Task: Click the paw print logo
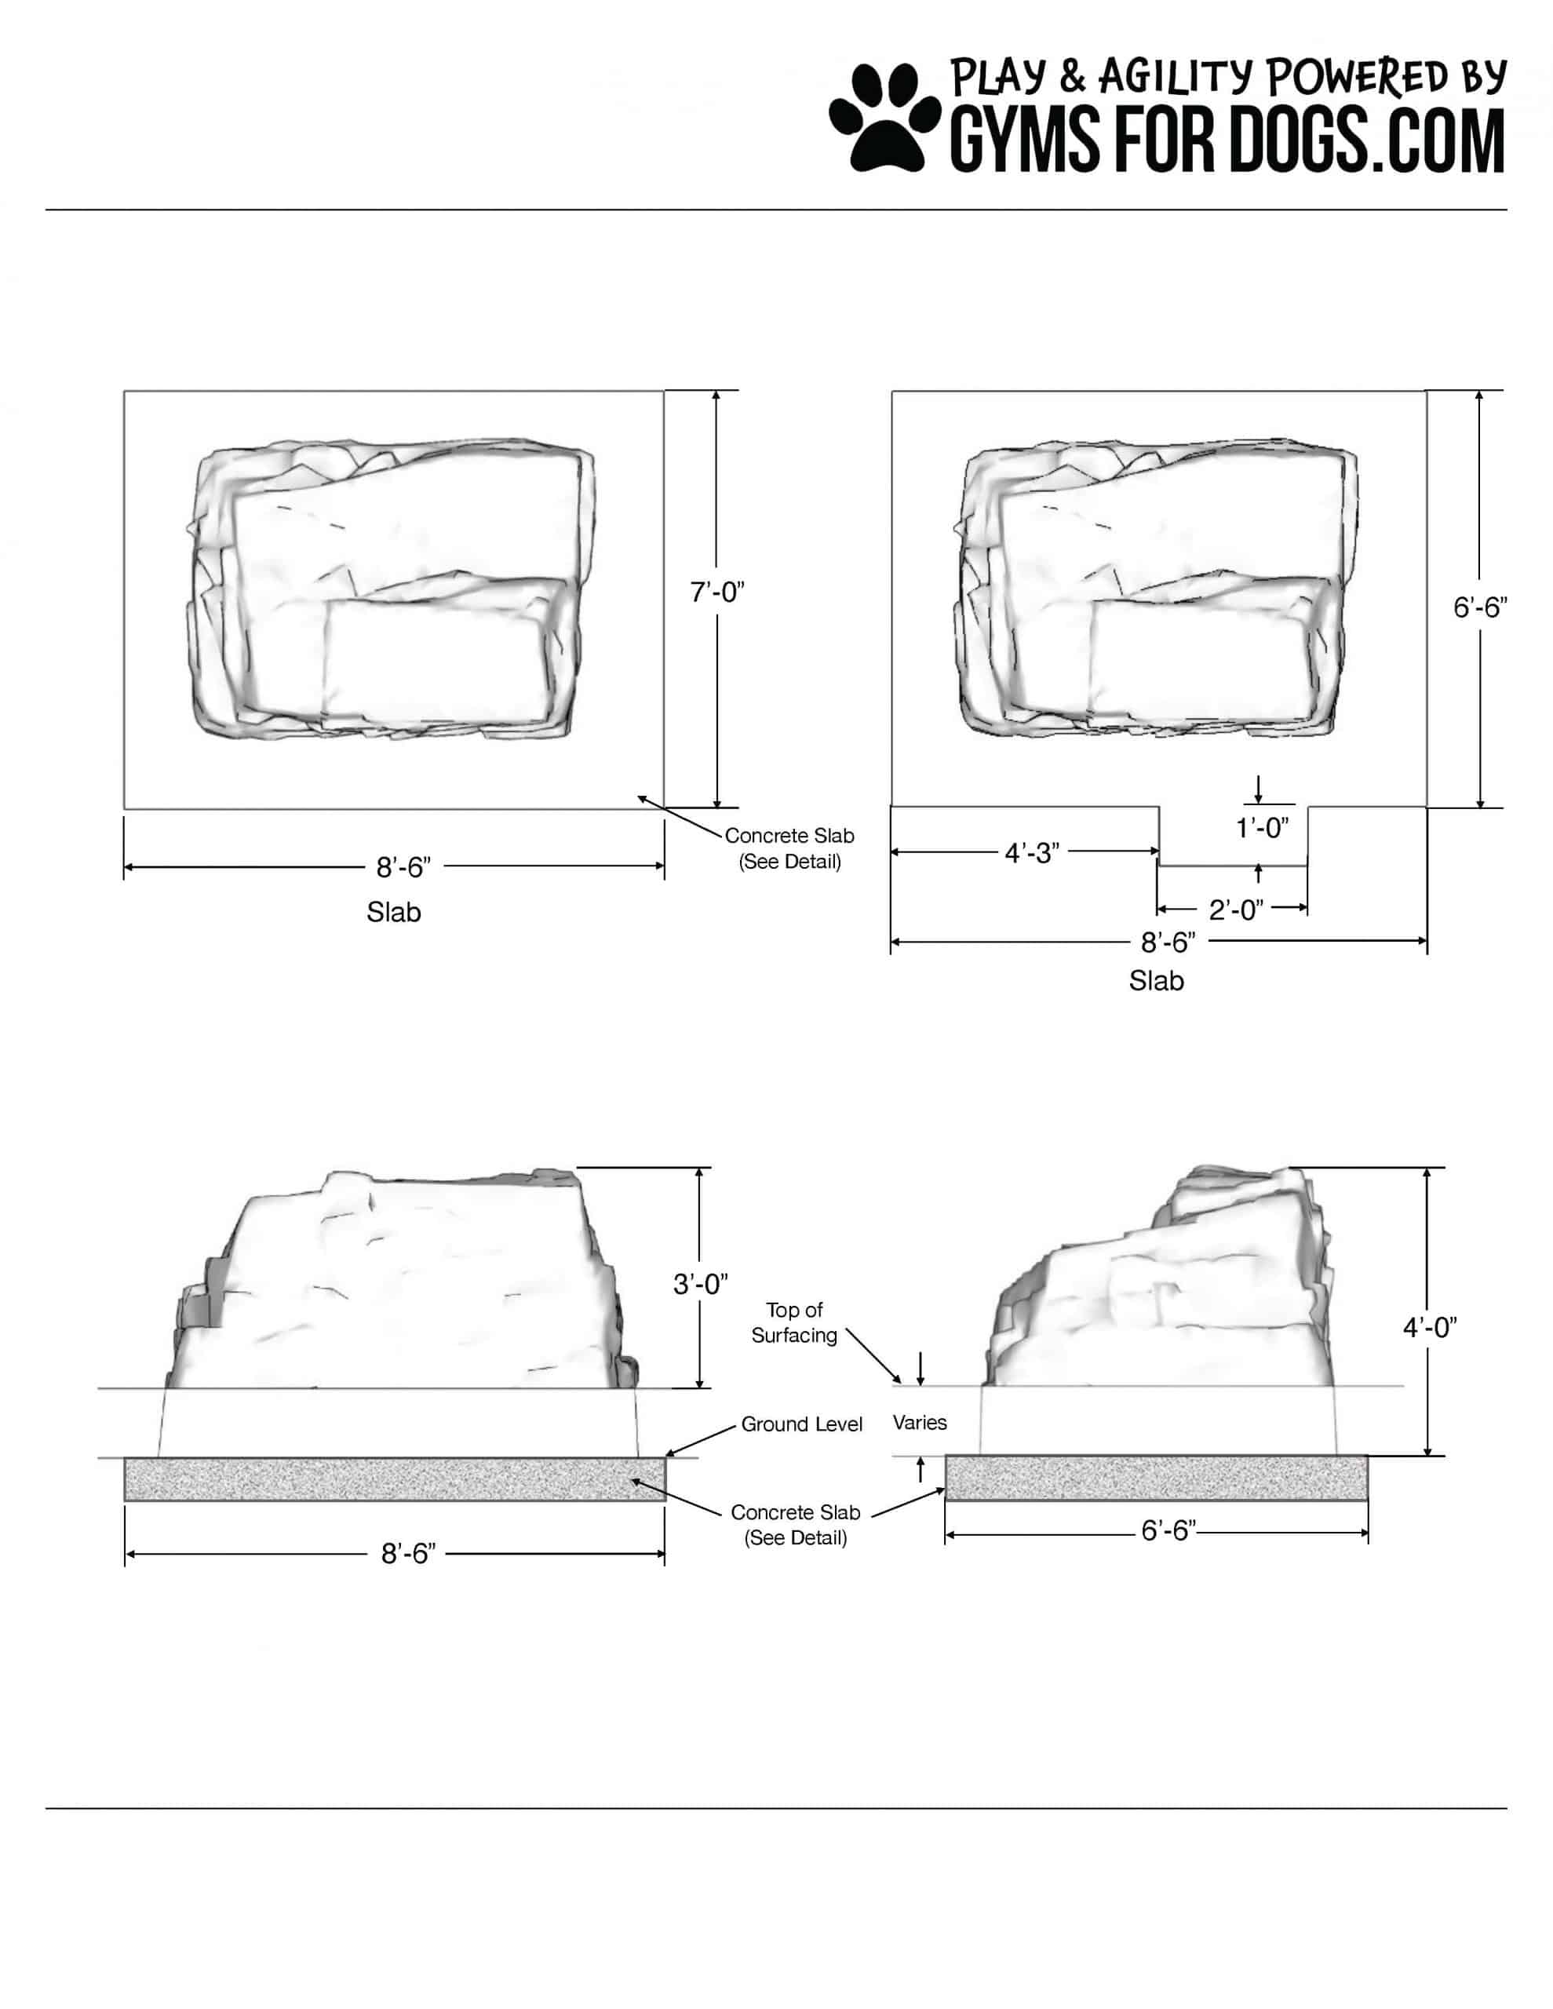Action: (x=884, y=117)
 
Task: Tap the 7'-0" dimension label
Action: (x=716, y=592)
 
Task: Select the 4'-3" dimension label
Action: (x=1031, y=853)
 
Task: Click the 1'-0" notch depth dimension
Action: (x=1261, y=828)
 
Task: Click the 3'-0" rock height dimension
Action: (x=700, y=1284)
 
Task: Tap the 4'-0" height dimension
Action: (x=1430, y=1326)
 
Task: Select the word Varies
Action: (x=919, y=1422)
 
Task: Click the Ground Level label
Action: (x=801, y=1424)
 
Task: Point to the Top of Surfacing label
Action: (x=794, y=1322)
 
